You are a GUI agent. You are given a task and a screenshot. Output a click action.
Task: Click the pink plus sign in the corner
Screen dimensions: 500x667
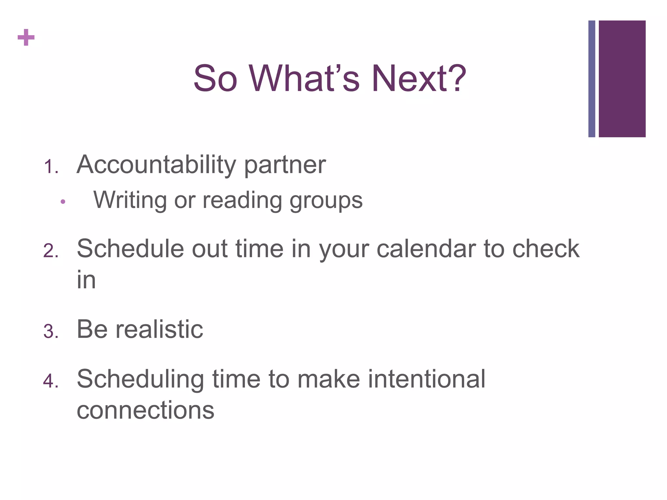click(26, 38)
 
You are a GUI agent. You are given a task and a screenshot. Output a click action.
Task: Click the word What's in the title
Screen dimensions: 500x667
click(304, 79)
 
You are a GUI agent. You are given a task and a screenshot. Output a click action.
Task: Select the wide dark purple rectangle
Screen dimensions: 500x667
click(622, 79)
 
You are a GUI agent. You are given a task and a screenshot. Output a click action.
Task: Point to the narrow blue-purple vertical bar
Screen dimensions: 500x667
click(591, 79)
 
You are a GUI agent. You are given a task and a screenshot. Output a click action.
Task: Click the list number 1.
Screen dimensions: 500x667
click(50, 167)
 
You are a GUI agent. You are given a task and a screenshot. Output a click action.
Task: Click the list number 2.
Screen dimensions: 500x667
click(50, 251)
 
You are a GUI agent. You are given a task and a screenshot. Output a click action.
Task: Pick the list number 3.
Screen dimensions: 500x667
click(50, 332)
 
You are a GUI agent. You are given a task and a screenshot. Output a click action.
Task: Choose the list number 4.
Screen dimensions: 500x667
click(50, 381)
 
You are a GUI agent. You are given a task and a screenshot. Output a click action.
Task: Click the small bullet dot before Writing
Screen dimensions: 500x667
click(63, 202)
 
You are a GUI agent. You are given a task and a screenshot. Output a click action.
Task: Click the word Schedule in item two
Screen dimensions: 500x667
click(130, 249)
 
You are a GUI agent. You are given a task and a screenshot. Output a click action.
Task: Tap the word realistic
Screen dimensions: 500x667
click(159, 329)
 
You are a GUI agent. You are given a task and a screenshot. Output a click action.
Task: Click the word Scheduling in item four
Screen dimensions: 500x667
click(140, 380)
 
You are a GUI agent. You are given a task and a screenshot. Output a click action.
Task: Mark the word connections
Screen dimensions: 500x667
click(145, 410)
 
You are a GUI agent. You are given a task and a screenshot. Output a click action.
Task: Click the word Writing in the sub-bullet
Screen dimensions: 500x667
click(130, 200)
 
